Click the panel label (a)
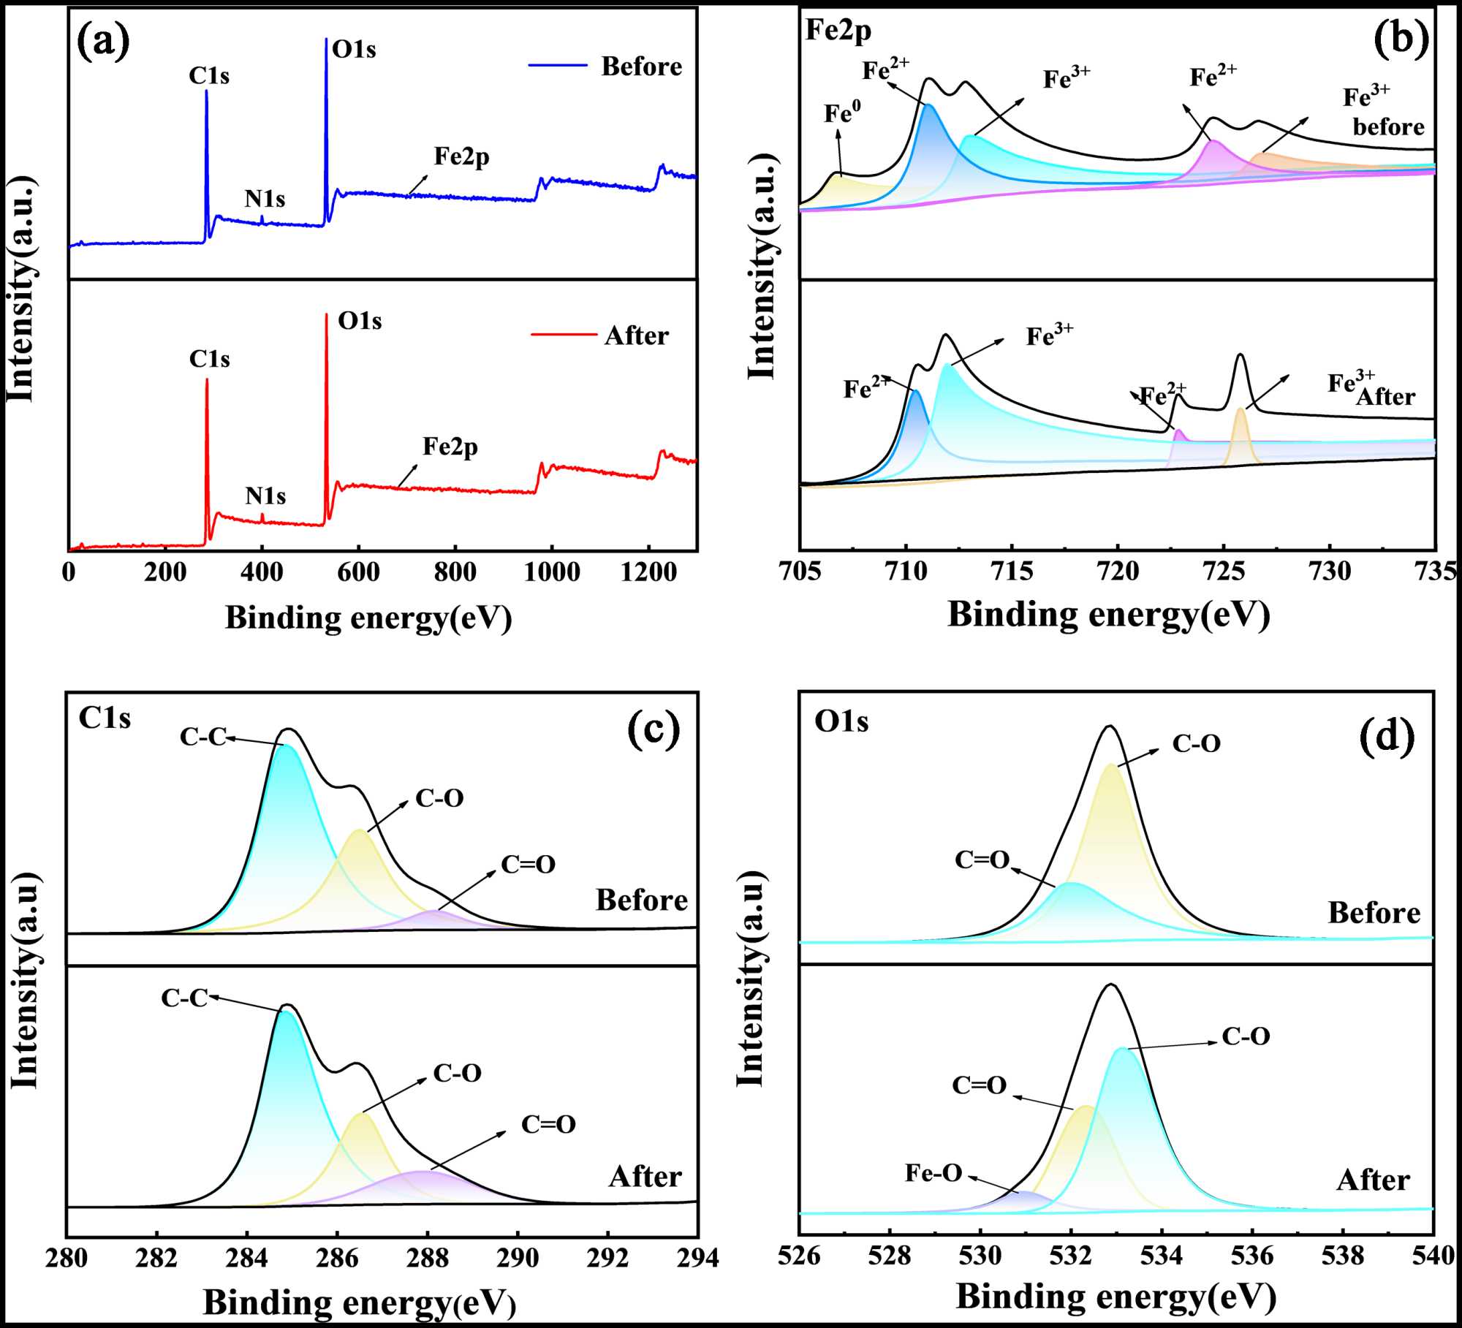[x=104, y=42]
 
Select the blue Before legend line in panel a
[x=558, y=66]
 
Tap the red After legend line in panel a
[x=564, y=335]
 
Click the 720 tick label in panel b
[x=1118, y=572]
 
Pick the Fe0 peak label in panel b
[x=842, y=113]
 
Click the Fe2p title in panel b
[x=838, y=31]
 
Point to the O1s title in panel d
[x=841, y=721]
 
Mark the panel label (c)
[x=654, y=730]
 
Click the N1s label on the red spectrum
[x=265, y=496]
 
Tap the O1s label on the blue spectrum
[x=354, y=50]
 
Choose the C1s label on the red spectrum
[x=209, y=359]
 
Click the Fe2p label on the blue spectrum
[x=461, y=156]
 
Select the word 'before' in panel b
[x=1388, y=127]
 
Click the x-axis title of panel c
[x=360, y=1302]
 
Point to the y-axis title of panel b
[x=762, y=267]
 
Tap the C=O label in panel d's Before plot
[x=982, y=860]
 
